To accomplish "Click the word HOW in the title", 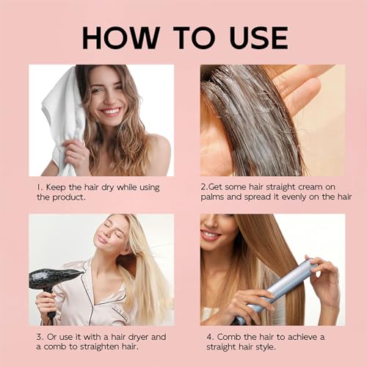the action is pyautogui.click(x=121, y=38).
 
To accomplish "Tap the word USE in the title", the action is pyautogui.click(x=259, y=38).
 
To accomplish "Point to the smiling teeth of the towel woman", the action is pyautogui.click(x=111, y=112).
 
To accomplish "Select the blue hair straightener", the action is pyautogui.click(x=277, y=291).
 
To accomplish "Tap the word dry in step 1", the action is pyautogui.click(x=108, y=188).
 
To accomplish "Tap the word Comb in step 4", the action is pyautogui.click(x=229, y=337).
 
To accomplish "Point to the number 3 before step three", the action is pyautogui.click(x=40, y=337).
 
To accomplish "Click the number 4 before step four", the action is pyautogui.click(x=210, y=337).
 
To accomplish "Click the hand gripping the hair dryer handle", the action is pyautogui.click(x=46, y=303).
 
